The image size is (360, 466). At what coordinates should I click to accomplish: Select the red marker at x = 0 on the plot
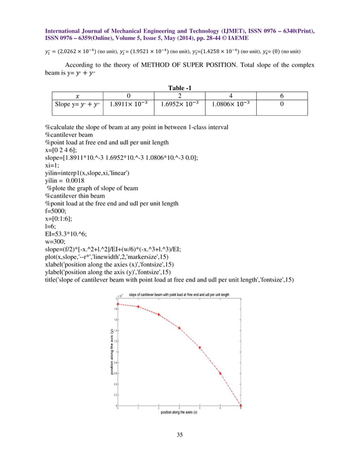[118, 304]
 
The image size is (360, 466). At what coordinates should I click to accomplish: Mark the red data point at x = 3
[179, 328]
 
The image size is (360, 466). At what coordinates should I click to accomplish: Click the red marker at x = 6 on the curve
[242, 405]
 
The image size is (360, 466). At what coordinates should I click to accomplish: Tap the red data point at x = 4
[200, 348]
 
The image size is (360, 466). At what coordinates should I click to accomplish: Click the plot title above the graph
[179, 294]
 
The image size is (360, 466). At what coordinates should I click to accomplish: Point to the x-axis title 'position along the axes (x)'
[179, 412]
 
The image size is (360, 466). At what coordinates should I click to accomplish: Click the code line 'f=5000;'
[56, 210]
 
